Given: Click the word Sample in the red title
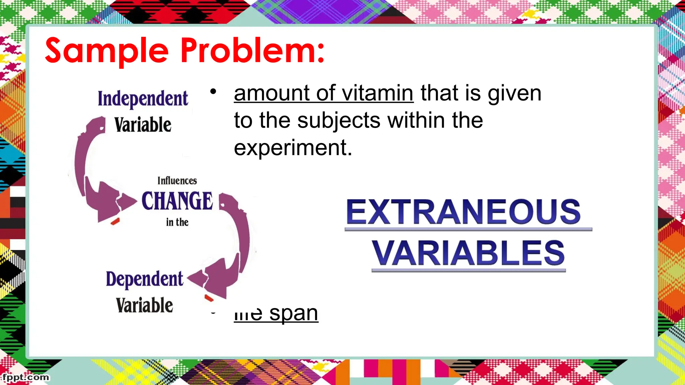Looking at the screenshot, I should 107,51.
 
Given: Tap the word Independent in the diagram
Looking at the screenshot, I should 143,99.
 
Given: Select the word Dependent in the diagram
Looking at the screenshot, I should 144,279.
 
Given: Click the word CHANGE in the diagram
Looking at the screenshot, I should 177,201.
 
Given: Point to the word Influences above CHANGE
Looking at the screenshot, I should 177,181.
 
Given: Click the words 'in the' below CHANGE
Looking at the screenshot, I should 177,222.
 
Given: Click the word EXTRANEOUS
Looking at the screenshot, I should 463,212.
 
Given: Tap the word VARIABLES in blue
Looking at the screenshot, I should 468,253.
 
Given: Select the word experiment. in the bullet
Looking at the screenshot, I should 293,148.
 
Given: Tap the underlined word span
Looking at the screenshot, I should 293,313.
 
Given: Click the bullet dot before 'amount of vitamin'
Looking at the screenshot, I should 213,91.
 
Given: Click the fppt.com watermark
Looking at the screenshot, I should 26,377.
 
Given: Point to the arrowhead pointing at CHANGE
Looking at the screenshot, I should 127,202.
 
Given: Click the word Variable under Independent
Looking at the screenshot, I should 143,125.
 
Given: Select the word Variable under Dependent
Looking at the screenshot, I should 144,305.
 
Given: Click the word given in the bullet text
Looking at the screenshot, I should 514,93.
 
